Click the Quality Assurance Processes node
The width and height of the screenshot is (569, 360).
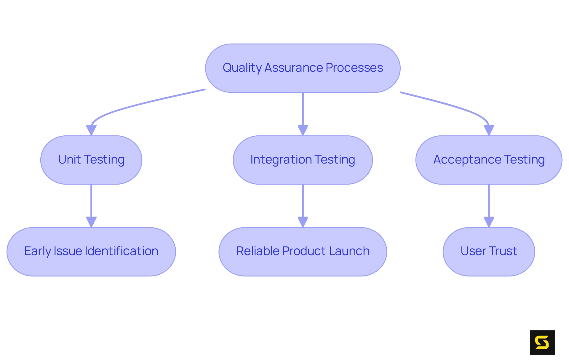click(303, 68)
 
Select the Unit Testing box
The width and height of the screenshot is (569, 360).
click(91, 160)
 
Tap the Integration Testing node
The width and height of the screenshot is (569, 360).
click(303, 160)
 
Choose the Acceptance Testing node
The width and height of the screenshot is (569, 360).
click(489, 160)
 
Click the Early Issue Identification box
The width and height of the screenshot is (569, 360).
click(91, 252)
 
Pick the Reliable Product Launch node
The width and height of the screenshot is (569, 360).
click(303, 252)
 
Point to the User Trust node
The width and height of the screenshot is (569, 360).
click(489, 252)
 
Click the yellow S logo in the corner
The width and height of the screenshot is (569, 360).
click(542, 343)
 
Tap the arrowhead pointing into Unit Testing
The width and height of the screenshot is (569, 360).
click(91, 130)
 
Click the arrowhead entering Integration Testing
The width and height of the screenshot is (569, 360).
click(303, 130)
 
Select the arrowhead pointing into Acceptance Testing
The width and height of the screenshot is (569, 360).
click(489, 130)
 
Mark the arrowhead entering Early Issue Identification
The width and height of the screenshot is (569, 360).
click(91, 222)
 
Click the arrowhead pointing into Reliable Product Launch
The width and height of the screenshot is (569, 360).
click(303, 222)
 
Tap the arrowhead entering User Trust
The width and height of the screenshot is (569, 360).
click(489, 222)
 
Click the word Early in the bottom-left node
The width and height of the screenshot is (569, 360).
click(37, 252)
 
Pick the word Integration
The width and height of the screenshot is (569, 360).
click(281, 160)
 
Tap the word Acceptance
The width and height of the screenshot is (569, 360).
click(467, 160)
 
